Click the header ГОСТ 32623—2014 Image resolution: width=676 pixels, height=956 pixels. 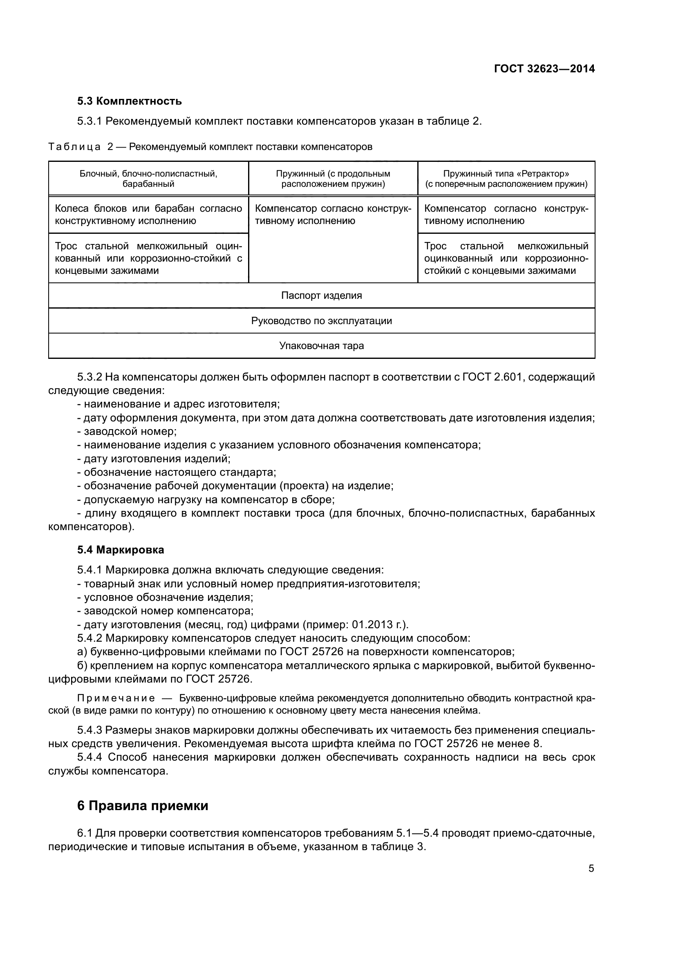pyautogui.click(x=544, y=69)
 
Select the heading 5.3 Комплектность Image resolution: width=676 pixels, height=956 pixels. pyautogui.click(x=130, y=101)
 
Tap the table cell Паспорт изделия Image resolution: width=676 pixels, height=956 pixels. pyautogui.click(x=321, y=296)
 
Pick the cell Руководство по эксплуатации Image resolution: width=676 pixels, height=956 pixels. pyautogui.click(x=321, y=321)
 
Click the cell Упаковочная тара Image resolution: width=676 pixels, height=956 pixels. pyautogui.click(x=321, y=346)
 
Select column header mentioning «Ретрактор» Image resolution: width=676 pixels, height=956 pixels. pyautogui.click(x=506, y=179)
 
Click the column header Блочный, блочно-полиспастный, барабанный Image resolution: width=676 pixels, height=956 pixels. pyautogui.click(x=148, y=179)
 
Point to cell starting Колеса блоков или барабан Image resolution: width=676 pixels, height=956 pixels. pyautogui.click(x=148, y=215)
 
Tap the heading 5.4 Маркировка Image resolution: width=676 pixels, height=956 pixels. pyautogui.click(x=121, y=550)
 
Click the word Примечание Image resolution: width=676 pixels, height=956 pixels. pyautogui.click(x=116, y=698)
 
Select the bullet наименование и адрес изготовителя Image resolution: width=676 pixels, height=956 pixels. pyautogui.click(x=181, y=404)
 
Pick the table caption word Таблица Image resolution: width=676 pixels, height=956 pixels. pyautogui.click(x=74, y=147)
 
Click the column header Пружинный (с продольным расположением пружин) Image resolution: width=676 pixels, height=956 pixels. pyautogui.click(x=333, y=179)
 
